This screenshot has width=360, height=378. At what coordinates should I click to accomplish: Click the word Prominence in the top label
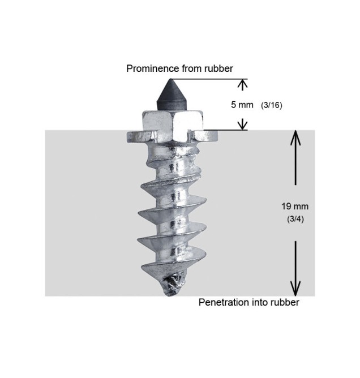[153, 68]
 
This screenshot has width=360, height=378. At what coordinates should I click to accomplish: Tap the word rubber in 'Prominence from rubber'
[218, 68]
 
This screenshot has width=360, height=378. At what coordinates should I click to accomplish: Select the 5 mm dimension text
[242, 105]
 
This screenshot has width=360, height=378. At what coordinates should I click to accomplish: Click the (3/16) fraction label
[272, 105]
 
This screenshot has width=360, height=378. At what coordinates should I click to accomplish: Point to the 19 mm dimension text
[295, 207]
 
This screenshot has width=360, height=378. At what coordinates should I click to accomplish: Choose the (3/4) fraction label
[295, 219]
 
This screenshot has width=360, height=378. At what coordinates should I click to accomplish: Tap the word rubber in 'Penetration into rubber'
[285, 302]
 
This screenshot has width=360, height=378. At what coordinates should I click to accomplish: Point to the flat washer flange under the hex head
[173, 137]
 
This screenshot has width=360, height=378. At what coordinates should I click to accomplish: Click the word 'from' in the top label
[192, 68]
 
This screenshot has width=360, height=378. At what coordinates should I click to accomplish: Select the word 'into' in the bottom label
[260, 302]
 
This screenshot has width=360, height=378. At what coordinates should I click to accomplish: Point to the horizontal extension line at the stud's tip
[209, 79]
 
